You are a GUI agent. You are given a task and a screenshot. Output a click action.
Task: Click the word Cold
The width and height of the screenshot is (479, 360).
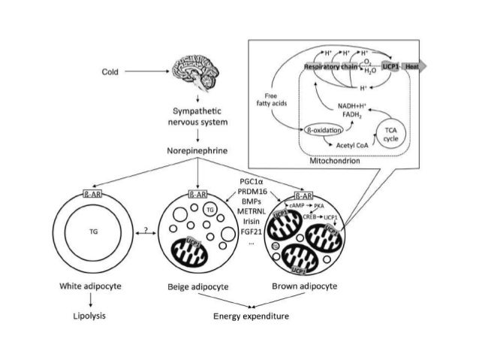click(x=110, y=73)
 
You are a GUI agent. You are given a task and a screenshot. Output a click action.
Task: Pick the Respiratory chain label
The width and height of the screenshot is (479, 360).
click(x=330, y=67)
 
